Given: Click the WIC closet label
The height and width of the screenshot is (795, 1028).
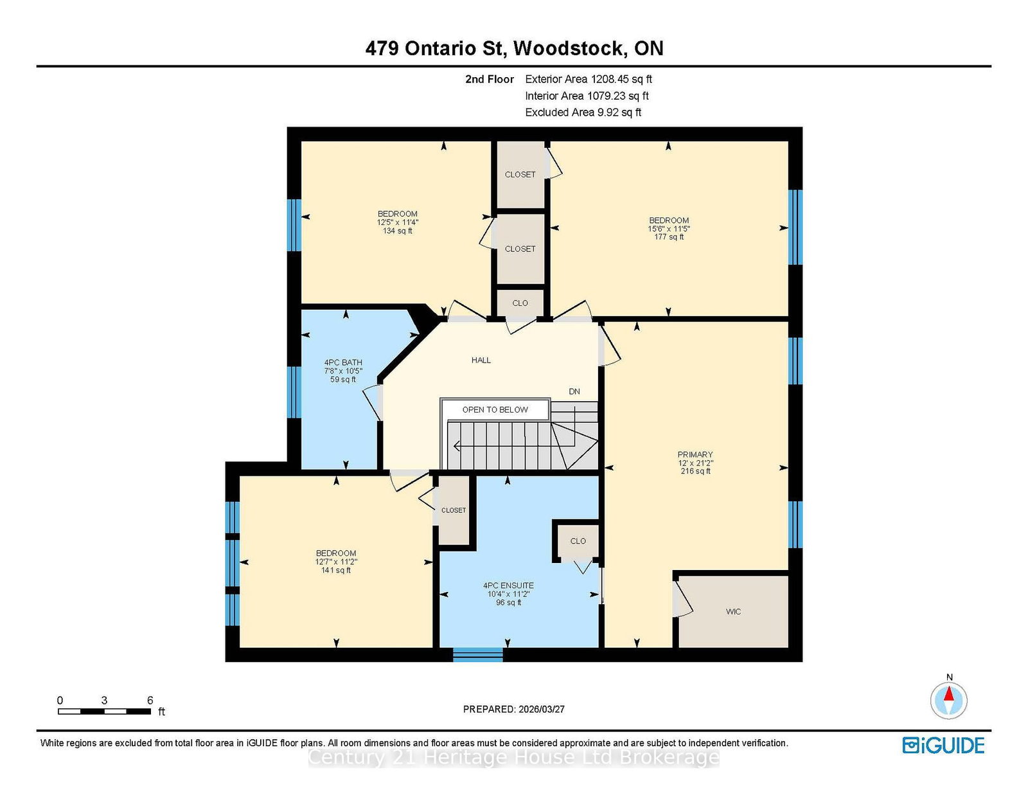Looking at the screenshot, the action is point(733,612).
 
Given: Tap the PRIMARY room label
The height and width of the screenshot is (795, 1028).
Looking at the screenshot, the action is point(695,455).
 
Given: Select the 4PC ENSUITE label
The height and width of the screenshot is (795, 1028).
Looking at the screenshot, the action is point(508,586).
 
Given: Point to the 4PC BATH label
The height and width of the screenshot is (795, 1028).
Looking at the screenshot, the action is point(343,362).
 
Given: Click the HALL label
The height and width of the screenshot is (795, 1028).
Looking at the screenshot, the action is point(481,360).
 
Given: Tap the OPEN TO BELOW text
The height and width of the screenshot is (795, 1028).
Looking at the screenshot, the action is point(495,410).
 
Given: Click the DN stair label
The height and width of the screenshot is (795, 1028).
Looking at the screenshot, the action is point(574,391).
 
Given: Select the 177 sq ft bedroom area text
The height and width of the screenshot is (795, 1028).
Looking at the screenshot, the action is point(668,237).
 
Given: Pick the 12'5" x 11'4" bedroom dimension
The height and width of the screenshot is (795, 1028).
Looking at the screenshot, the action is point(397,222).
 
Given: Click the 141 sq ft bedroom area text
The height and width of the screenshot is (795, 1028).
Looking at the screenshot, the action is point(336,570).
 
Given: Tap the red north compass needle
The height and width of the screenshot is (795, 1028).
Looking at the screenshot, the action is point(948,693).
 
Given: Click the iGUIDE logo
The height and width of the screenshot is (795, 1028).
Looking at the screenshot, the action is point(943,746).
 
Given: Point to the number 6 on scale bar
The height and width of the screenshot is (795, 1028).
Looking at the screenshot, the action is point(150,701).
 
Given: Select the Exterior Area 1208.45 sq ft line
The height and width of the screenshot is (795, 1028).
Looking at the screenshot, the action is point(589,79).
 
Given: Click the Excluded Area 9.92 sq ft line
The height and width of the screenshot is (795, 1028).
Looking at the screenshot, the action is point(583,112).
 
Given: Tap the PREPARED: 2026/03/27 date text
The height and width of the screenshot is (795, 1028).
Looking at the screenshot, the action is point(514,710).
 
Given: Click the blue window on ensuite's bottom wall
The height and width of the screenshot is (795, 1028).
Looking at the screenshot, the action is point(477,654).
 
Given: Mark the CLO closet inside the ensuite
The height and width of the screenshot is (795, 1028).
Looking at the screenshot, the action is point(578,541).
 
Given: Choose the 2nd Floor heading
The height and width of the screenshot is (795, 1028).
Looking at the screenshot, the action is point(489,79).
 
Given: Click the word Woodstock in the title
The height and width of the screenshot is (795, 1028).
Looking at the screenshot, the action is point(568,48).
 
